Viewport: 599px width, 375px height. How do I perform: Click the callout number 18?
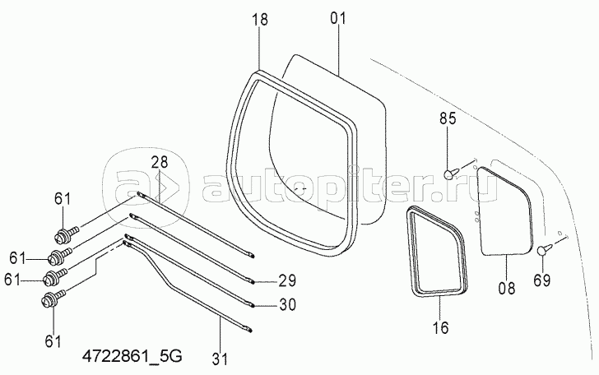point(260,19)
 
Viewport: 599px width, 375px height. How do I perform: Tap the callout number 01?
point(337,18)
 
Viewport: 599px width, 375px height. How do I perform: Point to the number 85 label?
point(448,118)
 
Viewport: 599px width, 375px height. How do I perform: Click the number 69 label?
point(542,280)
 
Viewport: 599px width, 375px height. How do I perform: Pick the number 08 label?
point(507,288)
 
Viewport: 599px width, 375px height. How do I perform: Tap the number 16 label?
point(441,327)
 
